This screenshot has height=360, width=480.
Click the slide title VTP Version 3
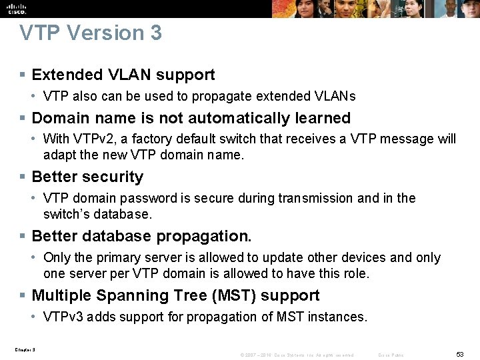[91, 33]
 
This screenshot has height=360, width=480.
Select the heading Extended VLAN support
[123, 75]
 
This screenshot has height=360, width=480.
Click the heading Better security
[87, 177]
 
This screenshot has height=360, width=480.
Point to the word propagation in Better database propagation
[214, 236]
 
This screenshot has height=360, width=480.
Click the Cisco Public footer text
[391, 355]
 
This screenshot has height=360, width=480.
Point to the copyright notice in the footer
[297, 355]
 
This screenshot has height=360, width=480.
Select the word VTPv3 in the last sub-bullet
[62, 317]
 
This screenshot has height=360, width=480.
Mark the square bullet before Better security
[23, 177]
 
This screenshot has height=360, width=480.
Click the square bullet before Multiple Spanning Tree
[23, 296]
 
